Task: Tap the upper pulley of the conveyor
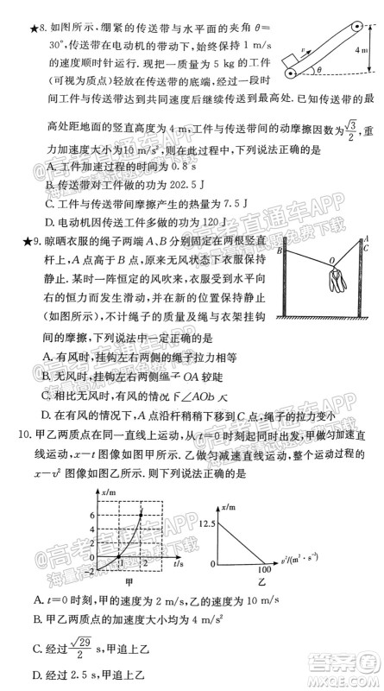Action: [x=354, y=28]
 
